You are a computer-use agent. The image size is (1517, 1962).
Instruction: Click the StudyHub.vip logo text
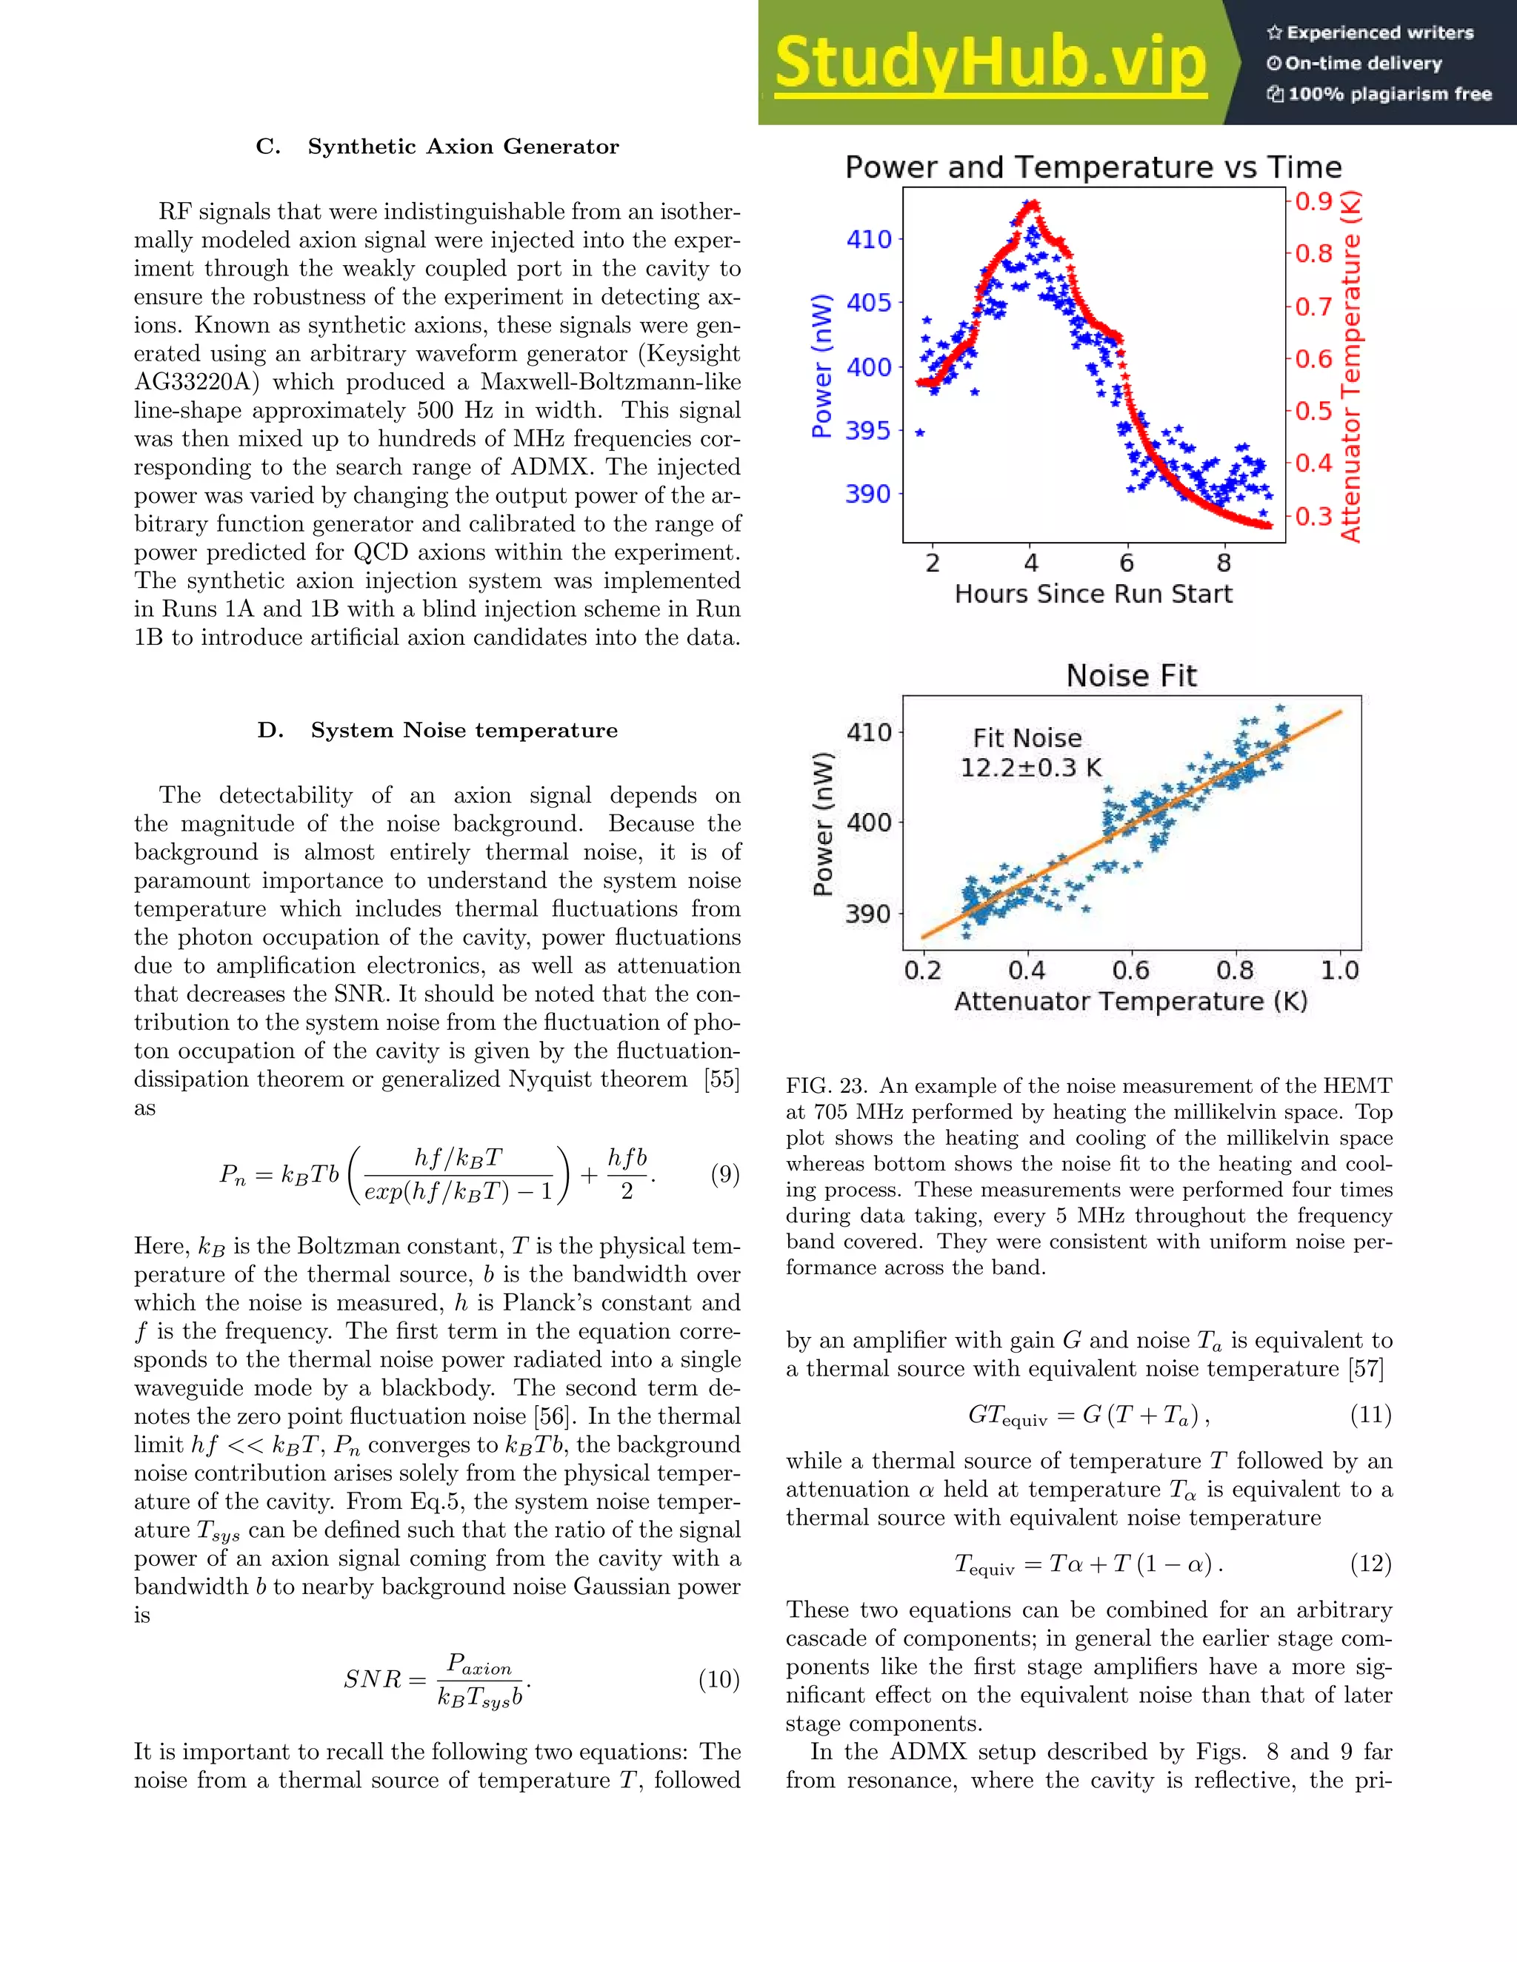pyautogui.click(x=990, y=63)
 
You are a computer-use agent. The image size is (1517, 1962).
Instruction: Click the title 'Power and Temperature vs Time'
pyautogui.click(x=1093, y=167)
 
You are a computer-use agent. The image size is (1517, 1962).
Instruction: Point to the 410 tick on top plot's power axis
pyautogui.click(x=869, y=240)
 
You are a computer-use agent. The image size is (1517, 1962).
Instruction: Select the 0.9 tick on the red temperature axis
pyautogui.click(x=1313, y=201)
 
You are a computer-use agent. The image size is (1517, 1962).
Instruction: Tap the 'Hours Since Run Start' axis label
pyautogui.click(x=1093, y=594)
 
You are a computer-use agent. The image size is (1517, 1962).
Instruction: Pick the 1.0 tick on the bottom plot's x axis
pyautogui.click(x=1339, y=970)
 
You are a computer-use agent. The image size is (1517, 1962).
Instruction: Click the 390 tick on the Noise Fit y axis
pyautogui.click(x=868, y=914)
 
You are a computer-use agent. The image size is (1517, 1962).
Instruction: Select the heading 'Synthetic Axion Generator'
pyautogui.click(x=463, y=147)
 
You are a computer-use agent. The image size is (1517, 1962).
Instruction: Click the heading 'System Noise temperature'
pyautogui.click(x=464, y=730)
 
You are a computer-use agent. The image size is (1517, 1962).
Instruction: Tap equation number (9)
pyautogui.click(x=724, y=1174)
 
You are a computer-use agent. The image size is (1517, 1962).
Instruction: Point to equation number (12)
pyautogui.click(x=1370, y=1564)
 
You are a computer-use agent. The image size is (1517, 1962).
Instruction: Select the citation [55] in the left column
pyautogui.click(x=721, y=1079)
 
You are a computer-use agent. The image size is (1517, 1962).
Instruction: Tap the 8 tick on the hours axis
pyautogui.click(x=1223, y=563)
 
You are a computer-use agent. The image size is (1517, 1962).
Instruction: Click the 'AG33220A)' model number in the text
pyautogui.click(x=196, y=382)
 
